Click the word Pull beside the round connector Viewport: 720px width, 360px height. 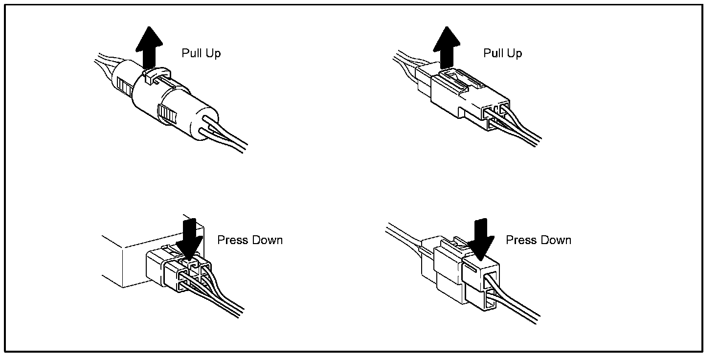point(190,53)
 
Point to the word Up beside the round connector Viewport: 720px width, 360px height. point(213,53)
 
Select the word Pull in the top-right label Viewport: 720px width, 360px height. point(492,53)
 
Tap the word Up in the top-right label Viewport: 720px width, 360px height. point(515,53)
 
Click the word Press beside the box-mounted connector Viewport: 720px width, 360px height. point(233,240)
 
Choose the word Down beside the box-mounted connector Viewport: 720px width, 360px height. point(266,240)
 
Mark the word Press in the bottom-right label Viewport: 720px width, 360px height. point(521,240)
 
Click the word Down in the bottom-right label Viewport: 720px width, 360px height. point(555,240)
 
